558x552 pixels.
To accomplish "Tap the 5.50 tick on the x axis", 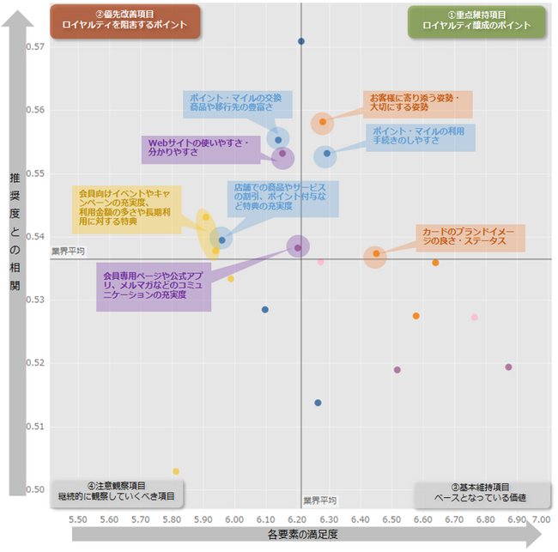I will (x=77, y=520).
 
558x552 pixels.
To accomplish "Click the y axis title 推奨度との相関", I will (x=15, y=232).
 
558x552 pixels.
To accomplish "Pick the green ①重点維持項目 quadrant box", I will (x=477, y=21).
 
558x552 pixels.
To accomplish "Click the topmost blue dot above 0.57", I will (x=301, y=41).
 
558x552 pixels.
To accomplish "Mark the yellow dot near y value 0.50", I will (x=176, y=471).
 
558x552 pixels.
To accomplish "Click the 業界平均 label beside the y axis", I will (x=68, y=252).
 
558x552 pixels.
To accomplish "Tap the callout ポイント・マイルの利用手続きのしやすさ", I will (x=417, y=136).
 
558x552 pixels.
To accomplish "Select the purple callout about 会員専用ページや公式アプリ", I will (x=154, y=283).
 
